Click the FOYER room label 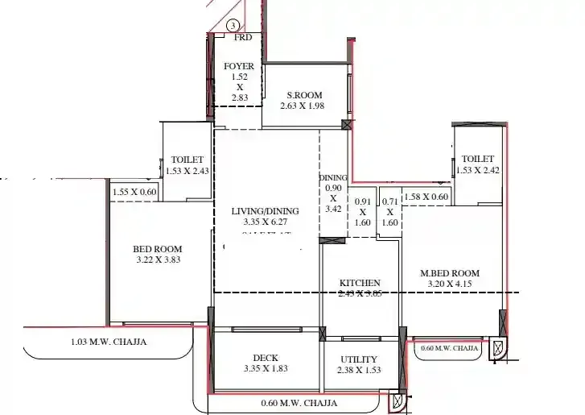tap(239, 66)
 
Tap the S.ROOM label tap(301, 95)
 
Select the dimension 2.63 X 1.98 tap(301, 106)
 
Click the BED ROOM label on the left tap(157, 249)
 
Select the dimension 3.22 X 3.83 tap(157, 260)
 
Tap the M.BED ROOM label tap(450, 273)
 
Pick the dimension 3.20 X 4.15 tap(450, 284)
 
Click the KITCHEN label tap(360, 283)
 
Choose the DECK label tap(265, 358)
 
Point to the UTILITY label tap(359, 359)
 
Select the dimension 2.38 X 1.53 tap(359, 370)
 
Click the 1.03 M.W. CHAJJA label tap(109, 342)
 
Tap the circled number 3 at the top tap(233, 27)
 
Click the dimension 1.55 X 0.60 tap(135, 192)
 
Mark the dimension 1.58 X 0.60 tap(426, 197)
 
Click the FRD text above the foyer tap(241, 38)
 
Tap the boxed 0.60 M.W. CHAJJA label tap(450, 349)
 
